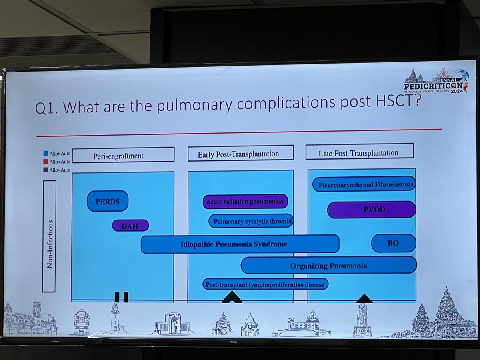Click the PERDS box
tap(108, 201)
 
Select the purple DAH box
tap(130, 226)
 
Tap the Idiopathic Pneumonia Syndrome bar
tap(240, 244)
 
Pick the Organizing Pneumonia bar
tap(329, 265)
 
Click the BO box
tap(393, 243)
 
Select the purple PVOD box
tap(371, 210)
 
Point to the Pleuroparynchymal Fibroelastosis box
tap(364, 184)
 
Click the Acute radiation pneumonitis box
tap(245, 201)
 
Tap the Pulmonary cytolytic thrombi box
tap(251, 221)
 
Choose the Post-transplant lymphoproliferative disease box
tap(266, 284)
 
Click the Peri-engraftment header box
tap(123, 155)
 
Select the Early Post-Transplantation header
tap(240, 154)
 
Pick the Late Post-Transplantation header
tap(360, 151)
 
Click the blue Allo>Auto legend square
tap(46, 153)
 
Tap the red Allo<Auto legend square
tap(46, 161)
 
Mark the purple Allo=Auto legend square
tap(46, 170)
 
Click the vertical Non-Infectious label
tap(50, 244)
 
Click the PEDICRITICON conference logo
tap(436, 81)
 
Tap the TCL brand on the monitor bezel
tap(233, 342)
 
